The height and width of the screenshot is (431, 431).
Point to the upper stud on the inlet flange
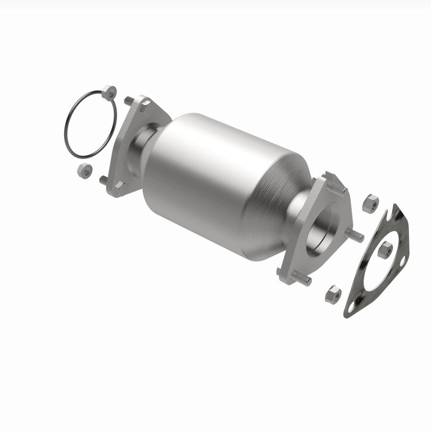129,100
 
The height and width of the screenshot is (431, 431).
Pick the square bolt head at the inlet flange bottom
119,185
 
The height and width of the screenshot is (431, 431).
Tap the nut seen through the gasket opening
386,249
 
